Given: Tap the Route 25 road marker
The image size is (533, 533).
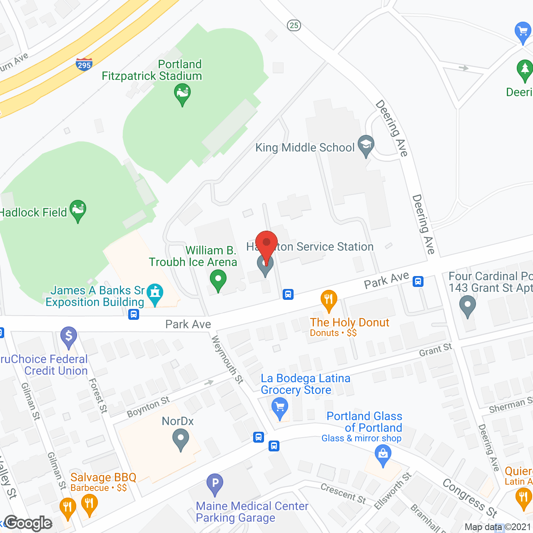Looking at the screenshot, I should [294, 25].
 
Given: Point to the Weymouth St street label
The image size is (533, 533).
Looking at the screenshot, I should [227, 359].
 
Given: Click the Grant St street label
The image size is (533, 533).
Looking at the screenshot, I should [435, 350].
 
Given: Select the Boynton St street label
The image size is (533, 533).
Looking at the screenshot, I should [148, 406].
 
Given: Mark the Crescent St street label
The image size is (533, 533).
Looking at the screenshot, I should [343, 493].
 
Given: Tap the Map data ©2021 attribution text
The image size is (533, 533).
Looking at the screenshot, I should [498, 527].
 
